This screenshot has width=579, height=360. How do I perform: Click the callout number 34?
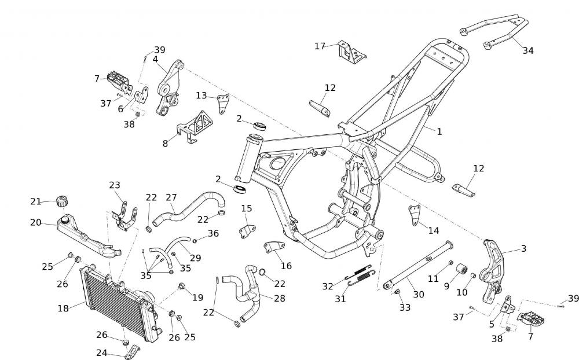pyautogui.click(x=527, y=50)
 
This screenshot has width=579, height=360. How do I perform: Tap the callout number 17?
pyautogui.click(x=320, y=46)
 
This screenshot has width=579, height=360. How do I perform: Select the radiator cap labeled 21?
pyautogui.click(x=61, y=202)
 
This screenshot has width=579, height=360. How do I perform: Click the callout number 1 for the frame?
pyautogui.click(x=439, y=131)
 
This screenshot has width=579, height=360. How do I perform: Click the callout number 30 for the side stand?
pyautogui.click(x=418, y=294)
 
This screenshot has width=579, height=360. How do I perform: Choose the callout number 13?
pyautogui.click(x=201, y=95)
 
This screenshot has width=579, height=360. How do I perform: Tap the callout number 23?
pyautogui.click(x=115, y=185)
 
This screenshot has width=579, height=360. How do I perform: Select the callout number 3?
pyautogui.click(x=523, y=249)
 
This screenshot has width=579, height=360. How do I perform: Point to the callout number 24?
pyautogui.click(x=102, y=352)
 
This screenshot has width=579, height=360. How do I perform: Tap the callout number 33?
pyautogui.click(x=405, y=307)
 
